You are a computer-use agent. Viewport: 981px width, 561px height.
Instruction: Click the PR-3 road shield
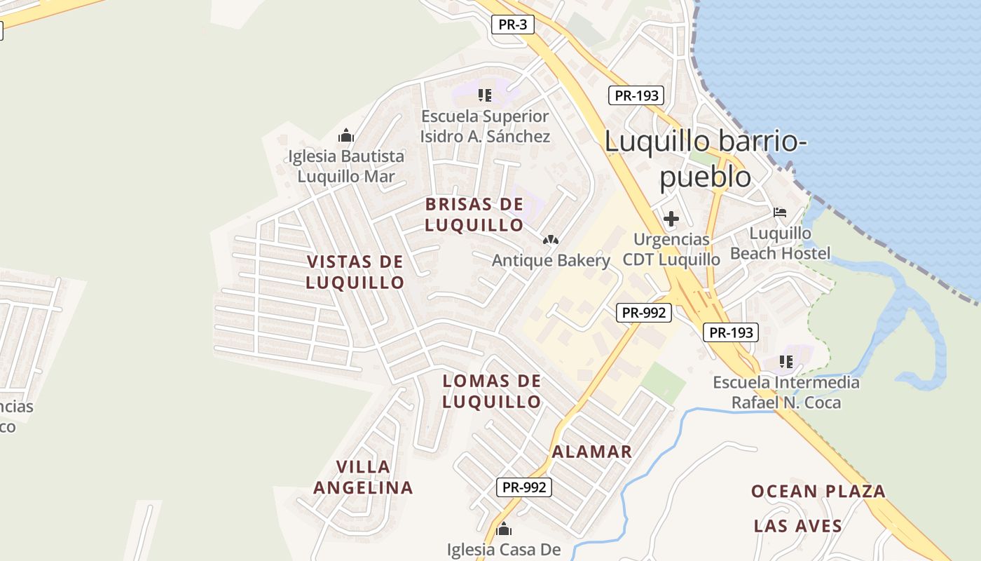pos(513,25)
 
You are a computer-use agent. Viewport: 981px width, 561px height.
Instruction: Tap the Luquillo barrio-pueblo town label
pos(705,158)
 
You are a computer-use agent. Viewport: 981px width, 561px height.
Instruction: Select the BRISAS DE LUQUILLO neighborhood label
pos(474,215)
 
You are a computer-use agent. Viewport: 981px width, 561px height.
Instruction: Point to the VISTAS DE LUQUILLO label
pos(355,272)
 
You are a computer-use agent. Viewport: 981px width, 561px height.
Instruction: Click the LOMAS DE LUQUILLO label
pos(492,391)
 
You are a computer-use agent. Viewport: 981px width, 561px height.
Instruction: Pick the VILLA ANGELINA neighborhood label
pos(363,477)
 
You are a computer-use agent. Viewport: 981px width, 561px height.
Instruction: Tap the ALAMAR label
pos(592,452)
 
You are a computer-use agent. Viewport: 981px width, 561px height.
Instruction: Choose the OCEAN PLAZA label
pos(818,492)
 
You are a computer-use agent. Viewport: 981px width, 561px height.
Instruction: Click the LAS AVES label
pos(798,526)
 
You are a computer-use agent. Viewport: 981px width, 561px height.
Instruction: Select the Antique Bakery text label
pos(551,261)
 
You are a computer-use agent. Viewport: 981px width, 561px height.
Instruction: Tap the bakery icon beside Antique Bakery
pos(551,240)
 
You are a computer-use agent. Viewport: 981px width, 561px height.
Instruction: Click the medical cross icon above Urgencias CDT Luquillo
pos(671,219)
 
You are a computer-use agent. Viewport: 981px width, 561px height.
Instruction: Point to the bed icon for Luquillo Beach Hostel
pos(780,212)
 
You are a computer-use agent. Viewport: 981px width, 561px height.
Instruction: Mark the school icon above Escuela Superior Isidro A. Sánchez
pos(485,95)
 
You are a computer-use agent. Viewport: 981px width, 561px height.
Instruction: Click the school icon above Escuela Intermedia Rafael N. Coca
pos(786,362)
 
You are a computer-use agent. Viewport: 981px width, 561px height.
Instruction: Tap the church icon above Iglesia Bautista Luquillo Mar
pos(346,135)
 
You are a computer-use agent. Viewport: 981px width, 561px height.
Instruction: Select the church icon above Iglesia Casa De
pos(504,529)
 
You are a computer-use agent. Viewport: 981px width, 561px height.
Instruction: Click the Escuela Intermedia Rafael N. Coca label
pos(786,393)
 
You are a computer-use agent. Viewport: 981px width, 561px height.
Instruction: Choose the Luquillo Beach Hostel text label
pos(781,243)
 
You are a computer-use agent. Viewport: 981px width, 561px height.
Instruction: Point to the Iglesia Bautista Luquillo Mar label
pos(346,166)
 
